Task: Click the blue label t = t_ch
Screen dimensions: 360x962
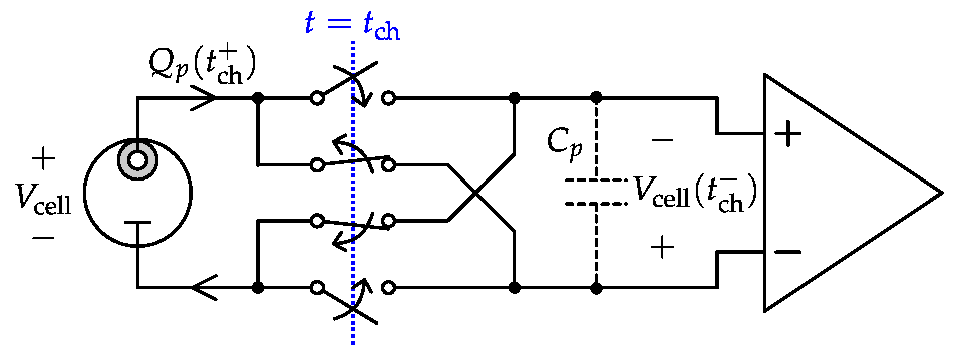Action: point(352,24)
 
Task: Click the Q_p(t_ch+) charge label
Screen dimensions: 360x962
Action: point(203,65)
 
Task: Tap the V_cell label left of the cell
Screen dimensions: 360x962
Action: point(43,199)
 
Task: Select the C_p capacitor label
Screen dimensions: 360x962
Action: point(564,143)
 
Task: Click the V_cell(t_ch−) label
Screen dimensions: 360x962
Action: point(695,194)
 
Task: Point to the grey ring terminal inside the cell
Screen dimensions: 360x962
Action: point(137,161)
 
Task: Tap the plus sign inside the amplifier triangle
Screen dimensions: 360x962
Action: point(788,133)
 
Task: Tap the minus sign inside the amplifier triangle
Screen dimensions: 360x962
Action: point(788,252)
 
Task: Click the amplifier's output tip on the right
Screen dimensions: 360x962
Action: point(941,193)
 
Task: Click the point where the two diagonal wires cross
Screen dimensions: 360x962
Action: point(475,193)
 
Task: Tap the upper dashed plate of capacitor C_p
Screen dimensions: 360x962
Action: point(596,179)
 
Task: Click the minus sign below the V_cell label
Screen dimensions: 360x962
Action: point(43,238)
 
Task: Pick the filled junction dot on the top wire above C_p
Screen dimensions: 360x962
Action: point(596,98)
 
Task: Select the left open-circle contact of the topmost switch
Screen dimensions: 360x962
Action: point(317,98)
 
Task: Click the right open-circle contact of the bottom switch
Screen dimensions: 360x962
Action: point(388,287)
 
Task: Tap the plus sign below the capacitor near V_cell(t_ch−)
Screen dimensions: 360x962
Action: point(662,247)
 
